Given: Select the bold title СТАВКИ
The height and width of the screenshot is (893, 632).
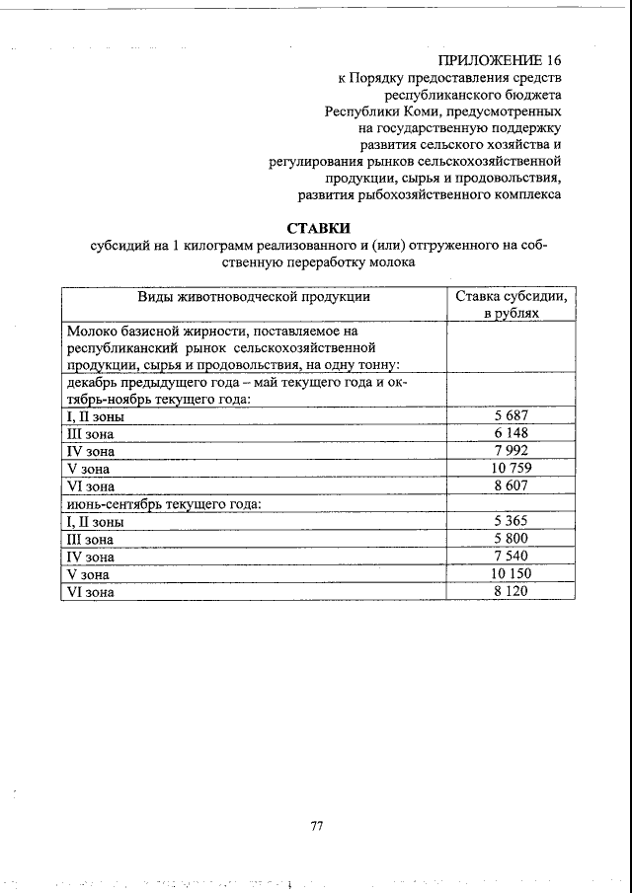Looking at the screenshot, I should coord(318,228).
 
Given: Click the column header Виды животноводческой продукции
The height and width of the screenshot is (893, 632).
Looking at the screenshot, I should coord(254,295).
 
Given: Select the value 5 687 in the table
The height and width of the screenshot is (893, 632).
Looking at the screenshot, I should coord(512,415).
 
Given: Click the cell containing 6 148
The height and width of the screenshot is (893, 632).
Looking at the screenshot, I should coord(512,433).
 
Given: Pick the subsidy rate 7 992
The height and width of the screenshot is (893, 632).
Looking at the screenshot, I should coord(512,451).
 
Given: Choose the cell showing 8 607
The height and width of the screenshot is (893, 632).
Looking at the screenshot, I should coord(512,486).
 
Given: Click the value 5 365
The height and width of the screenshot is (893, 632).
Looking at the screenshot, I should coord(512,521).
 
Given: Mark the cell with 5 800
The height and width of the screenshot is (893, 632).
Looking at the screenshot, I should coord(512,539).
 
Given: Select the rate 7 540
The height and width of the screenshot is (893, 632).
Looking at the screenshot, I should coord(512,557).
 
